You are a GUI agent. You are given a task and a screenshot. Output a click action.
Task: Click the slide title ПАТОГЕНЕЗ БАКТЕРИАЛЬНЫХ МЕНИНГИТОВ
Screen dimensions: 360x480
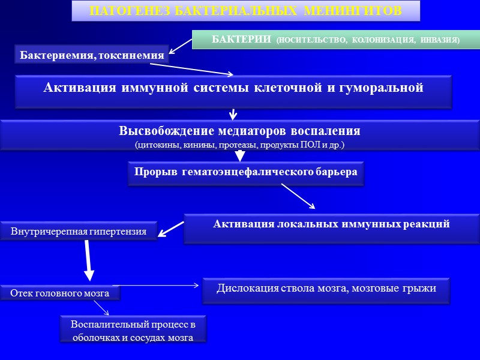tap(245, 11)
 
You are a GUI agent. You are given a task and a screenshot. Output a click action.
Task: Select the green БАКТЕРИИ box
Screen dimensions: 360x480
tap(335, 40)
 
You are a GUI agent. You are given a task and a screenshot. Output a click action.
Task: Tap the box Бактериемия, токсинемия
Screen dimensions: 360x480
tap(92, 55)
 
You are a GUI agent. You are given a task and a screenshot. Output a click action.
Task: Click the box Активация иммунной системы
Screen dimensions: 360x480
tap(233, 88)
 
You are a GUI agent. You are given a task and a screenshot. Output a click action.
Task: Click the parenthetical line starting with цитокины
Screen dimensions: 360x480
tap(239, 145)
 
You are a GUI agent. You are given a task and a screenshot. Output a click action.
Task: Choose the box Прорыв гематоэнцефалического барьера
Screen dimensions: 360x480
tap(246, 172)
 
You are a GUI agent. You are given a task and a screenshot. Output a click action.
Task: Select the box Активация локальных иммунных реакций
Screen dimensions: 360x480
tap(331, 224)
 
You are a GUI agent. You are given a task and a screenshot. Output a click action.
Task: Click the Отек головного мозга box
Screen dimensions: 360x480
tap(59, 293)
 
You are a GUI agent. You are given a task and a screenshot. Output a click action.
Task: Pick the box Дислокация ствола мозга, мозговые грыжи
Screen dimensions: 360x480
tap(326, 288)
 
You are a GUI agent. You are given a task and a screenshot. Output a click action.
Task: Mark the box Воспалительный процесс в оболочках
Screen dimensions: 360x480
tap(133, 331)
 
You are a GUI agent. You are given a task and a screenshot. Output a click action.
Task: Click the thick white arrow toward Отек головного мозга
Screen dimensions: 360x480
tap(87, 259)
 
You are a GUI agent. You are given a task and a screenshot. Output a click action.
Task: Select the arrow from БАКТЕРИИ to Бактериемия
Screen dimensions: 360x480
tap(181, 47)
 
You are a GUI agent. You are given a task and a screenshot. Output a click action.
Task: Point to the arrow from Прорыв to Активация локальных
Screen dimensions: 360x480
tap(298, 196)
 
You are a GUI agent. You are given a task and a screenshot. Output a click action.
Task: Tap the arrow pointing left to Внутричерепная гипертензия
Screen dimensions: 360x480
tap(171, 228)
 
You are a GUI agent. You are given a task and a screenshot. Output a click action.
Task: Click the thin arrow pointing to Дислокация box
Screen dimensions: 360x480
tap(159, 285)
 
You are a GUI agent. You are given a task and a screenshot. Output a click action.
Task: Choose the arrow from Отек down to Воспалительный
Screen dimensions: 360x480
tap(100, 307)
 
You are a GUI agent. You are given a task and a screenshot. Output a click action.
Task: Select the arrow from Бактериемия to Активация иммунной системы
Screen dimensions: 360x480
tap(198, 70)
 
